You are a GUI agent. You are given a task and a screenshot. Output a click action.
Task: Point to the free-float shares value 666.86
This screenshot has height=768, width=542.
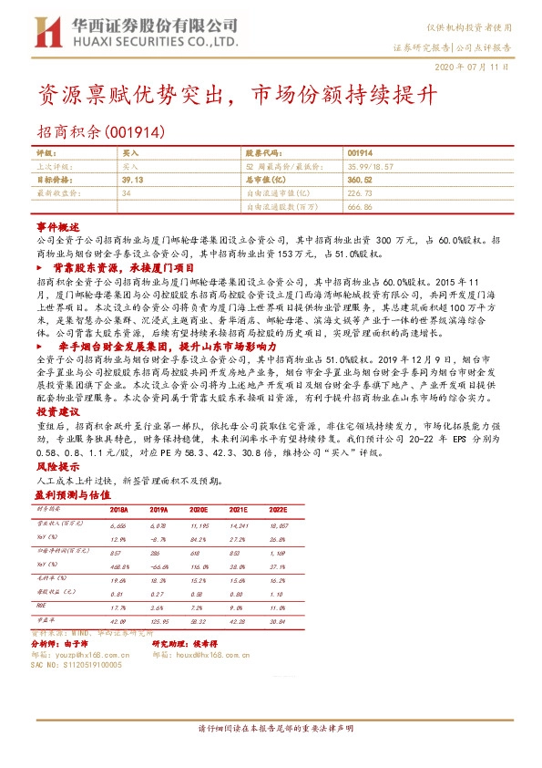361,206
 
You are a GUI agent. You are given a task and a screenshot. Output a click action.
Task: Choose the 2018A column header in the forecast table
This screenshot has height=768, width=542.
118,510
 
